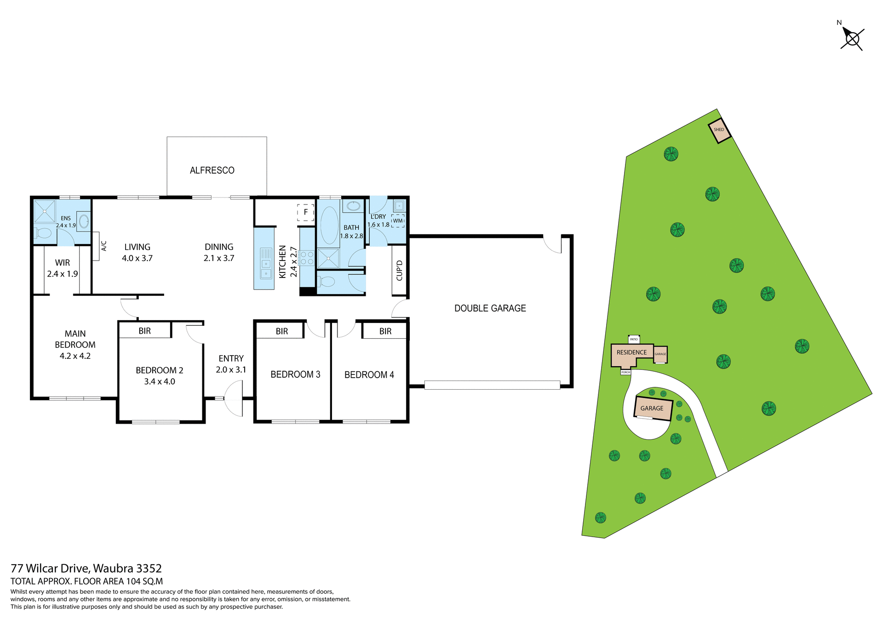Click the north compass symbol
pyautogui.click(x=852, y=39)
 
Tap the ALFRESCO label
pyautogui.click(x=212, y=170)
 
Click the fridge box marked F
pyautogui.click(x=305, y=212)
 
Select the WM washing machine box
pyautogui.click(x=398, y=221)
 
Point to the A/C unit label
pyautogui.click(x=103, y=246)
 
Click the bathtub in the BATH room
pyautogui.click(x=329, y=225)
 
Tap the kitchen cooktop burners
pyautogui.click(x=307, y=258)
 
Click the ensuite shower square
pyautogui.click(x=45, y=211)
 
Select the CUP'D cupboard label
pyautogui.click(x=399, y=271)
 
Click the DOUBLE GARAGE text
pyautogui.click(x=490, y=308)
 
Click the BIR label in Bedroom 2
pyautogui.click(x=144, y=331)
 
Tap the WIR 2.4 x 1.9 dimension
pyautogui.click(x=63, y=274)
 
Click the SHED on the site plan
pyautogui.click(x=719, y=130)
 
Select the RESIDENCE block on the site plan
pyautogui.click(x=631, y=353)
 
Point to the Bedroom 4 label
pyautogui.click(x=369, y=375)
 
